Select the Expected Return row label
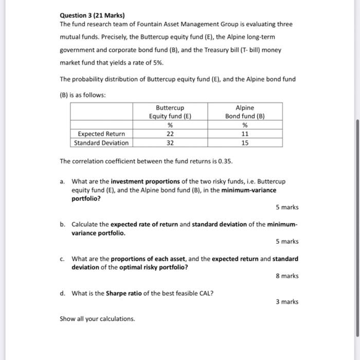pyautogui.click(x=101, y=134)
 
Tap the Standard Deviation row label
pyautogui.click(x=101, y=143)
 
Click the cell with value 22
pyautogui.click(x=170, y=134)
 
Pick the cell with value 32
pyautogui.click(x=170, y=143)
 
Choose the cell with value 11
pyautogui.click(x=245, y=134)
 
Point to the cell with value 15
pyautogui.click(x=245, y=143)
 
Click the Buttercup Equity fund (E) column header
pyautogui.click(x=170, y=112)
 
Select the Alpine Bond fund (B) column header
pyautogui.click(x=245, y=112)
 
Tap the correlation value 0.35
pyautogui.click(x=225, y=161)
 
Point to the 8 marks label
pyautogui.click(x=287, y=276)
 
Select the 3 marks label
pyautogui.click(x=287, y=302)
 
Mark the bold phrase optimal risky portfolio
pyautogui.click(x=154, y=267)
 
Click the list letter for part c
pyautogui.click(x=62, y=259)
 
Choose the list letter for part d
pyautogui.click(x=62, y=294)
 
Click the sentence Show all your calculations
pyautogui.click(x=97, y=319)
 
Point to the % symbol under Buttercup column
pyautogui.click(x=170, y=125)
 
